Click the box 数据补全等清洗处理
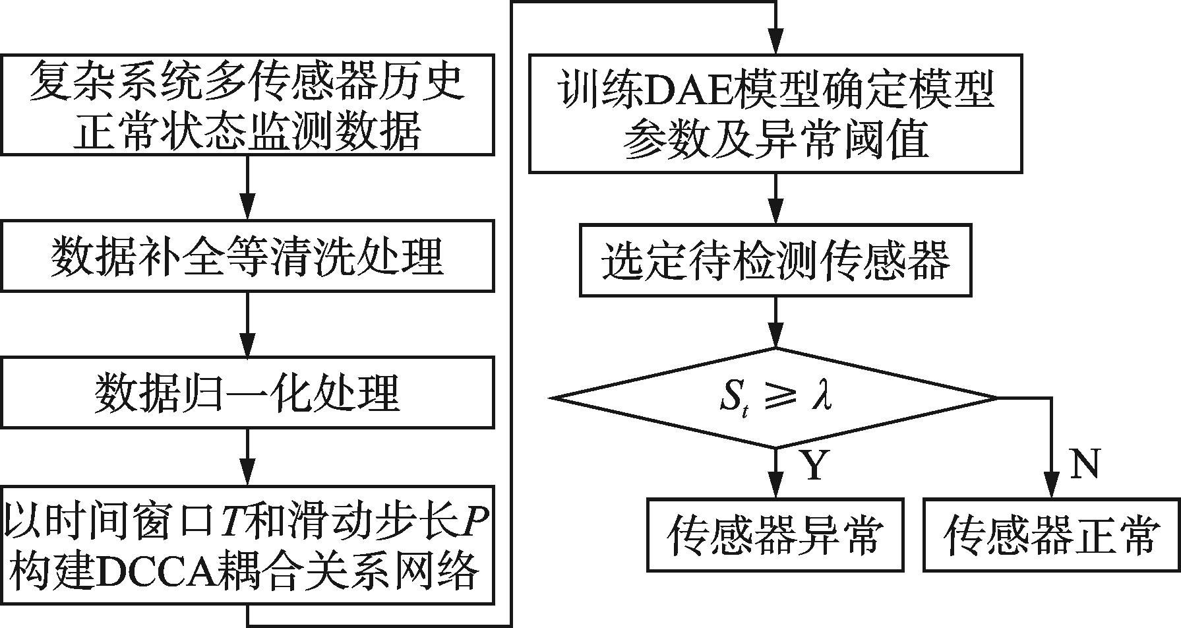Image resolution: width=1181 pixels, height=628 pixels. pyautogui.click(x=247, y=256)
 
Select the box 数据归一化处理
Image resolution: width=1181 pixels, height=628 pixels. pyautogui.click(x=247, y=392)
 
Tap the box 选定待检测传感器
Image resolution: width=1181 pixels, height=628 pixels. pyautogui.click(x=775, y=260)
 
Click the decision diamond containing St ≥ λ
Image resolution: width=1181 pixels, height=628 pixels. pyautogui.click(x=775, y=398)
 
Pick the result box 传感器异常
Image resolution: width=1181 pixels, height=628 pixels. pyautogui.click(x=775, y=534)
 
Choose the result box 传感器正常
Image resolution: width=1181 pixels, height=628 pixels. pyautogui.click(x=1051, y=534)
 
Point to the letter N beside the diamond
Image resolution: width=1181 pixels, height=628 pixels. pyautogui.click(x=1085, y=463)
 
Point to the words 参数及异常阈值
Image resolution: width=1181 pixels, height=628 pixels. pyautogui.click(x=775, y=139)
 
